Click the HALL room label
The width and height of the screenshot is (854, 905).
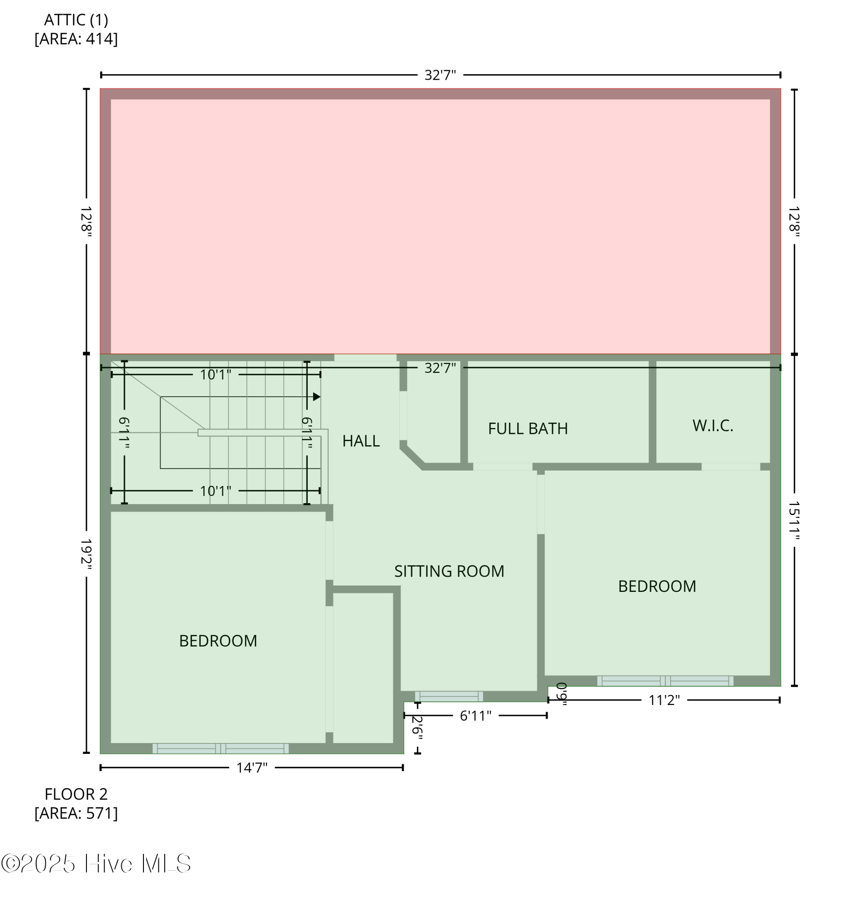pyautogui.click(x=361, y=441)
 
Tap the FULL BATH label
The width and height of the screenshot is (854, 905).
pyautogui.click(x=528, y=429)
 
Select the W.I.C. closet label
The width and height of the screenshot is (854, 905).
pyautogui.click(x=712, y=425)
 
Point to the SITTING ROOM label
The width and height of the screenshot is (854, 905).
pyautogui.click(x=449, y=571)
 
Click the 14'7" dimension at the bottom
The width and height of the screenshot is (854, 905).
pyautogui.click(x=252, y=767)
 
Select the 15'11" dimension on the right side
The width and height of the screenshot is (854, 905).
pyautogui.click(x=794, y=520)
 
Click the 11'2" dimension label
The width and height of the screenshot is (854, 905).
pyautogui.click(x=664, y=700)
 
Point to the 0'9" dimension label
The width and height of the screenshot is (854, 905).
pyautogui.click(x=562, y=694)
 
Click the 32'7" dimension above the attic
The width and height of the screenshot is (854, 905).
pyautogui.click(x=440, y=75)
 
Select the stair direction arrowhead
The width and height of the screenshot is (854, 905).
pyautogui.click(x=317, y=397)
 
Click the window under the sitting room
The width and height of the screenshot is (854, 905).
pyautogui.click(x=449, y=696)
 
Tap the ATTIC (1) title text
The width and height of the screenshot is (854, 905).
pyautogui.click(x=76, y=20)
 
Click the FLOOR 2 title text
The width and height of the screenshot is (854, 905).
pyautogui.click(x=76, y=794)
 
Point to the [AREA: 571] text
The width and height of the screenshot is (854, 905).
pyautogui.click(x=76, y=813)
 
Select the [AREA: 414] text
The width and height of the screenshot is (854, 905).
pyautogui.click(x=76, y=39)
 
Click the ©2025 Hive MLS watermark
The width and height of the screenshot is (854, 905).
pyautogui.click(x=95, y=863)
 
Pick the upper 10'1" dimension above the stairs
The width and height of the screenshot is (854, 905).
pyautogui.click(x=215, y=375)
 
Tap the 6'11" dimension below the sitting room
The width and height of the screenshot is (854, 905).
pyautogui.click(x=475, y=715)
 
